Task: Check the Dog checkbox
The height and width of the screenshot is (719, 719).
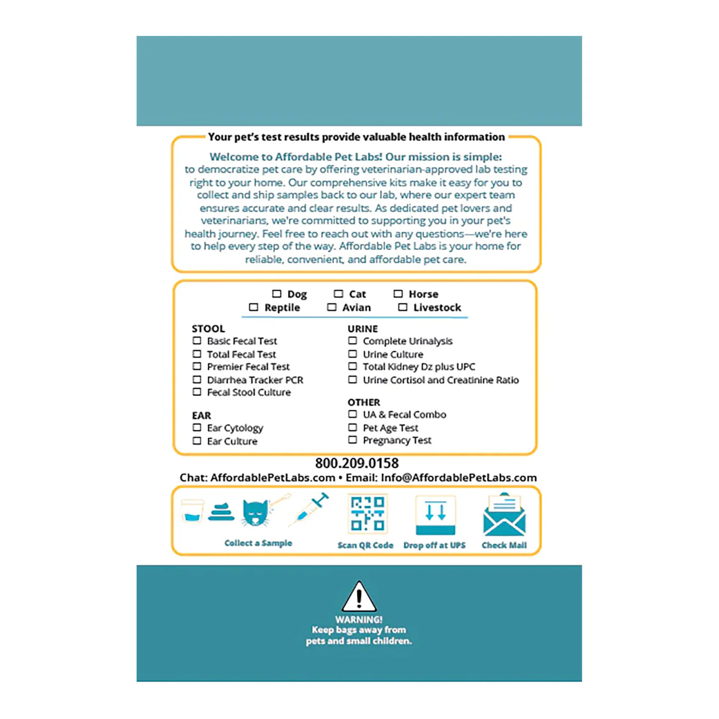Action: [277, 294]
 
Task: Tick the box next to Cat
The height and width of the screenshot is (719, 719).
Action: [338, 294]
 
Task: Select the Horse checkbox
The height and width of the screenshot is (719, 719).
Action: [398, 294]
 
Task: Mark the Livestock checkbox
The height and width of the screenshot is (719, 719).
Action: [403, 307]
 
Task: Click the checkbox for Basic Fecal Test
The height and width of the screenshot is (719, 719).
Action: [197, 340]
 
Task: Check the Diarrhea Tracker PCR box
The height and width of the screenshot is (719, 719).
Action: [197, 380]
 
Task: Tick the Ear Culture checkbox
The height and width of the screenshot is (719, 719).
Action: [197, 441]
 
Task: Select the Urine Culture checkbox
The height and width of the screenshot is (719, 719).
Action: [352, 354]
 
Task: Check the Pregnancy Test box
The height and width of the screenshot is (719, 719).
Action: [352, 440]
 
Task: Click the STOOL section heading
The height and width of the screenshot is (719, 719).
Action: [208, 329]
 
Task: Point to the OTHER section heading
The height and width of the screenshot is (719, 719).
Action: [364, 402]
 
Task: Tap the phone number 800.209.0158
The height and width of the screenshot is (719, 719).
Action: [357, 463]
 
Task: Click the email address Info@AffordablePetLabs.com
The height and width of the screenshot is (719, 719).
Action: [459, 478]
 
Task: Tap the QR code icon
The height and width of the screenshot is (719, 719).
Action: [367, 514]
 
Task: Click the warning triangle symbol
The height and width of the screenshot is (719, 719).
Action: [359, 597]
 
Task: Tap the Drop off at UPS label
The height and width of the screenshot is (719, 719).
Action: [434, 545]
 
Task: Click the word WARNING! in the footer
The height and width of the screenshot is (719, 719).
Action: [359, 620]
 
